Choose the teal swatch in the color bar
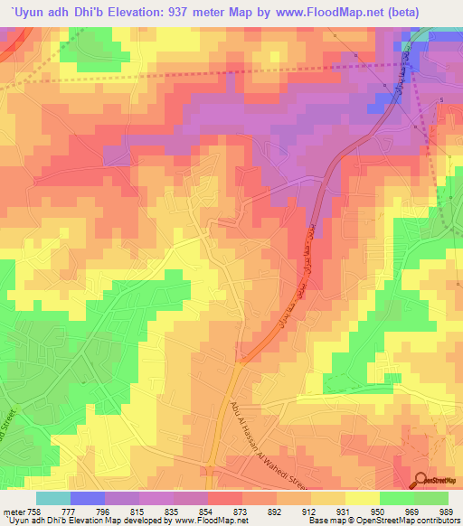tap(52, 498)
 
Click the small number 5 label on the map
tap(440, 99)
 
